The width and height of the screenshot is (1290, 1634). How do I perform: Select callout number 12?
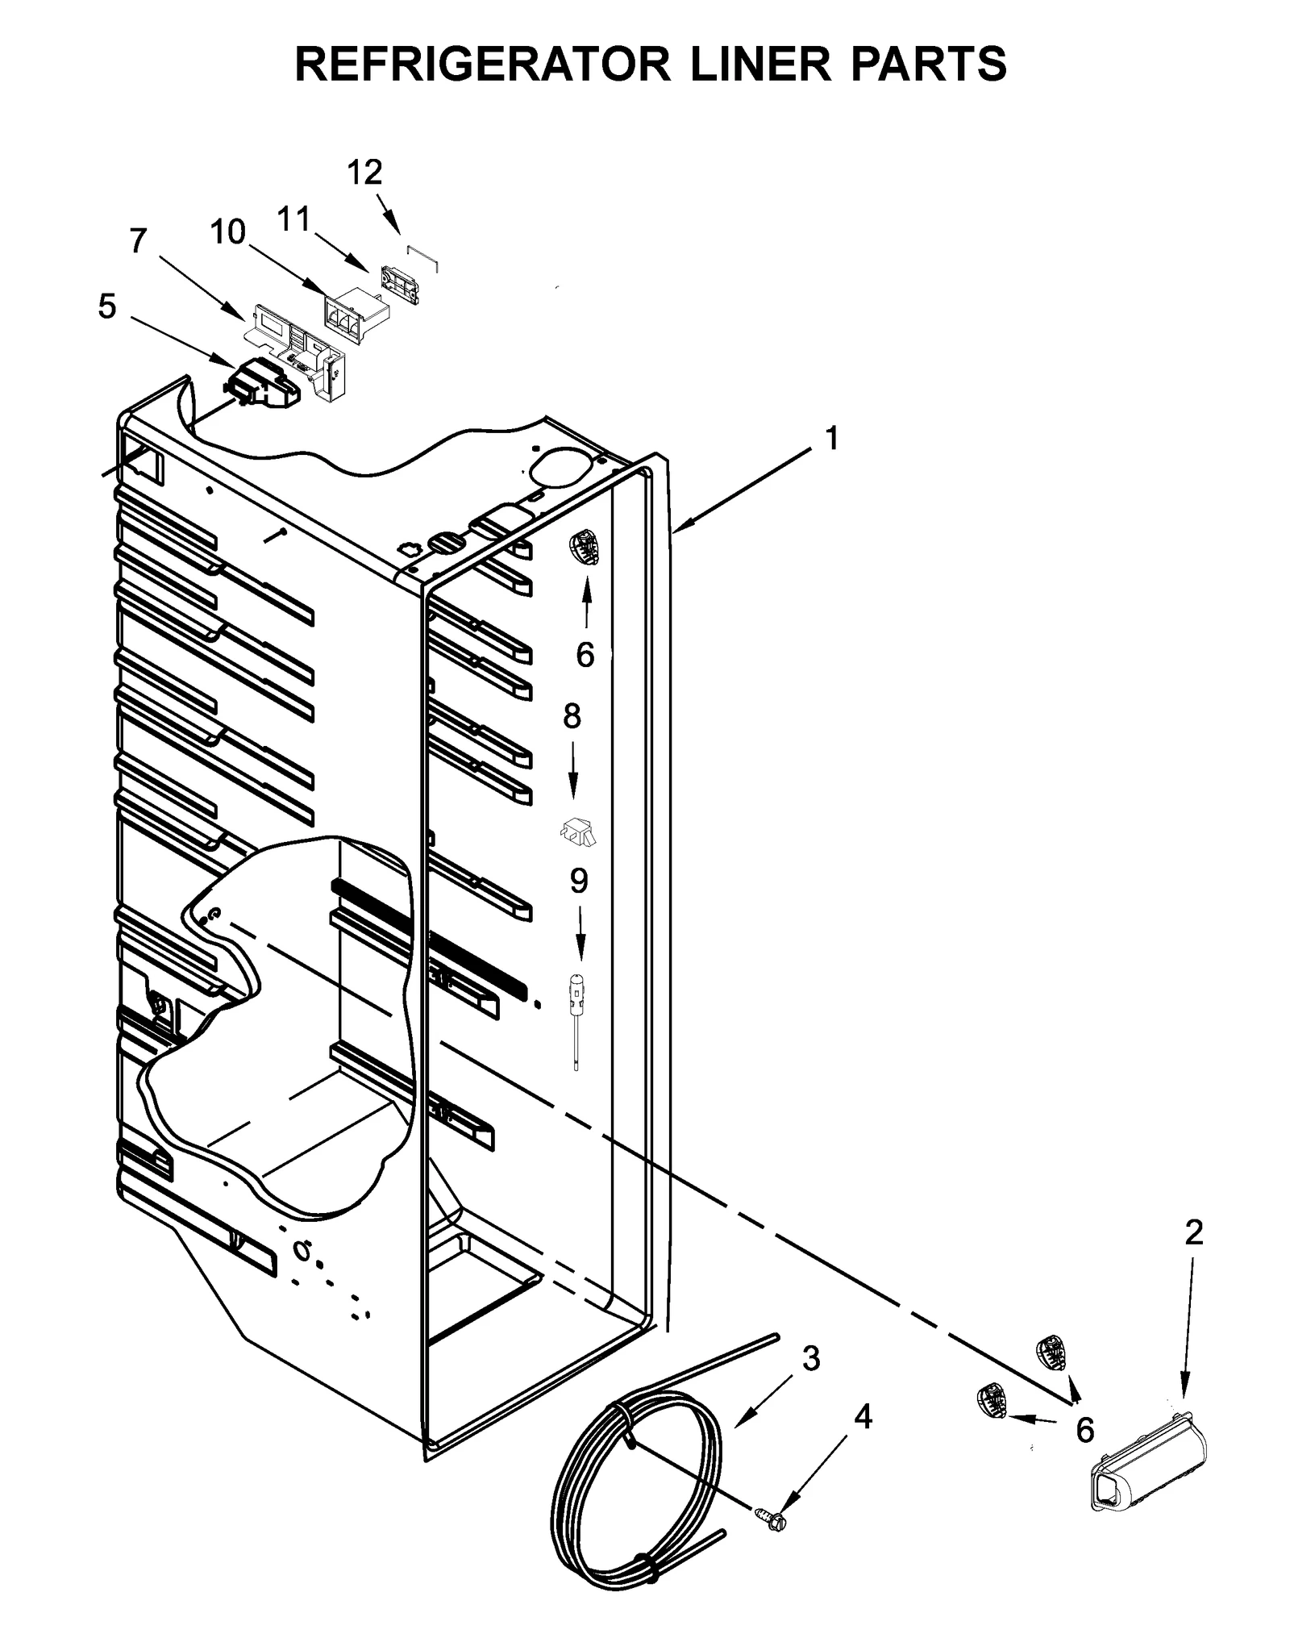click(x=364, y=172)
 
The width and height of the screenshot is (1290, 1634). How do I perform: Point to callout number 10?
click(x=227, y=232)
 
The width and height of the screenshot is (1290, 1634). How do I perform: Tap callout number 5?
click(x=106, y=306)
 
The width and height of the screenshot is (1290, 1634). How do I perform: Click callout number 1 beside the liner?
click(x=831, y=438)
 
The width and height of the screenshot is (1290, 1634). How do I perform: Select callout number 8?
click(x=572, y=715)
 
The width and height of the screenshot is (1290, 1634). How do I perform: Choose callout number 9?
click(x=579, y=881)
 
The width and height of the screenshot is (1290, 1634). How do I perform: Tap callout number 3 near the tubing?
click(x=811, y=1359)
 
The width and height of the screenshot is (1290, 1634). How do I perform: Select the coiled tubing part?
click(x=637, y=1508)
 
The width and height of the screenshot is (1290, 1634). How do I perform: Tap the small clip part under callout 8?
click(x=578, y=832)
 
